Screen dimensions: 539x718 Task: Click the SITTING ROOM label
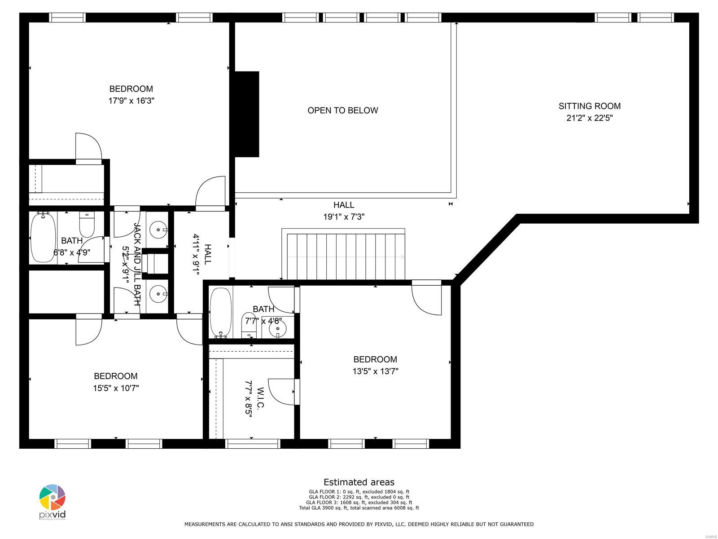589,106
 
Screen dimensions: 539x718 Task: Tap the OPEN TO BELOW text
342,110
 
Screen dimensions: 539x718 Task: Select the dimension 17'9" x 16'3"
131,101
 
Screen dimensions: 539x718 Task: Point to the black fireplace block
247,114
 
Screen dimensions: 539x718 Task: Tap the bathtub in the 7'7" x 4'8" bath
220,312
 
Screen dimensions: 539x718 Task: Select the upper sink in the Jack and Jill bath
158,230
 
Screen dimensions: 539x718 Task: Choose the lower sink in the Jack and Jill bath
158,295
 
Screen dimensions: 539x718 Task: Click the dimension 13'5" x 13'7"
375,371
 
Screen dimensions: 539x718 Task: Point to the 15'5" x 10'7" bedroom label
115,376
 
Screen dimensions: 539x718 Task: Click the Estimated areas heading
359,482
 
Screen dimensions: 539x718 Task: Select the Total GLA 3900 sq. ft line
359,508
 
